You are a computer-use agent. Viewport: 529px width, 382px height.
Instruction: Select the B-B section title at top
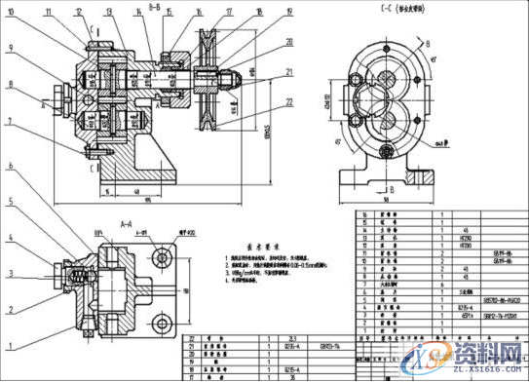pos(155,6)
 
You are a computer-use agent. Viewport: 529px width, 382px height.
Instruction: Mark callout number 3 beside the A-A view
pos(9,274)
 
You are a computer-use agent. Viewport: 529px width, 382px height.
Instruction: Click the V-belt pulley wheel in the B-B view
pos(206,86)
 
